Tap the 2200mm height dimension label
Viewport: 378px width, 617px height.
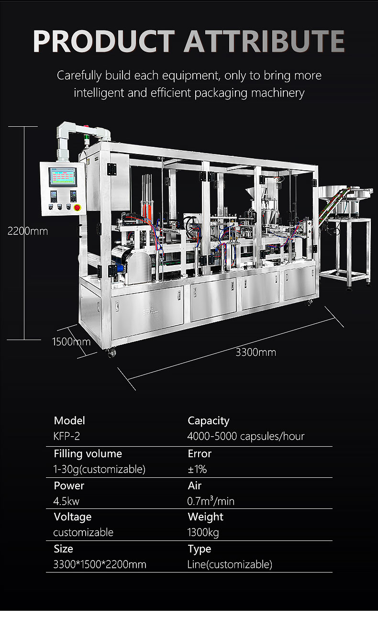(x=27, y=231)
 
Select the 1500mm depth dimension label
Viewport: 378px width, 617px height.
(x=71, y=342)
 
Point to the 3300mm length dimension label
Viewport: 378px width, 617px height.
(x=256, y=353)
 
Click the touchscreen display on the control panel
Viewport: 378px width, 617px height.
(x=62, y=177)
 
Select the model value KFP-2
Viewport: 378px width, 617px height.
(x=67, y=436)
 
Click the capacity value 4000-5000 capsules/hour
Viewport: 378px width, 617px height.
(x=246, y=436)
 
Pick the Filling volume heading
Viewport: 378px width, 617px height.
(x=88, y=453)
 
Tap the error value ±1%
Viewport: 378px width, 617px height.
(x=197, y=469)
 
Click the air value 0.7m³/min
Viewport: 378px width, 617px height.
(x=211, y=501)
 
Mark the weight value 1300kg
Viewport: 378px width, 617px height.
(x=203, y=532)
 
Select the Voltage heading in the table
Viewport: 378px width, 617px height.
(x=72, y=517)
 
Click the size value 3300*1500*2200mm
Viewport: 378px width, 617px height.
(x=100, y=564)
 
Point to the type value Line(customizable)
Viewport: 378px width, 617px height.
(x=230, y=564)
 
